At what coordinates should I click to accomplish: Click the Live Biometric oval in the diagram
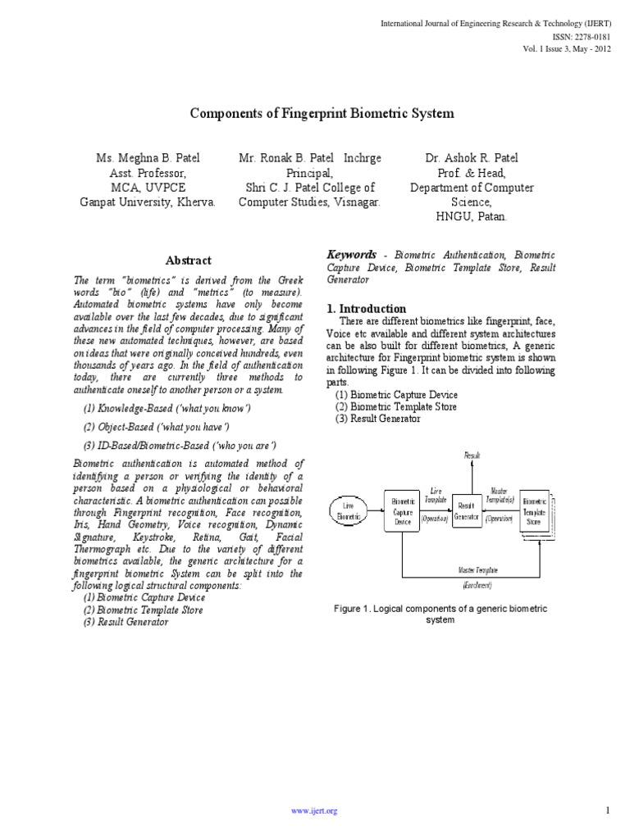point(348,510)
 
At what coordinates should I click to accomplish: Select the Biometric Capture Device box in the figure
point(402,510)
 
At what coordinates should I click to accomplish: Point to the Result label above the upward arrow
point(472,455)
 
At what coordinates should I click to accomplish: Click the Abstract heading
point(189,261)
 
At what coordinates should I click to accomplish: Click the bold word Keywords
point(351,255)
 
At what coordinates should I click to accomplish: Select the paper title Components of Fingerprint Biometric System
point(322,114)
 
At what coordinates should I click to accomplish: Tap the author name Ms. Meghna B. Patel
point(148,158)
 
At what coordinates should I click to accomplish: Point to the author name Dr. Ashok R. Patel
point(472,158)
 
